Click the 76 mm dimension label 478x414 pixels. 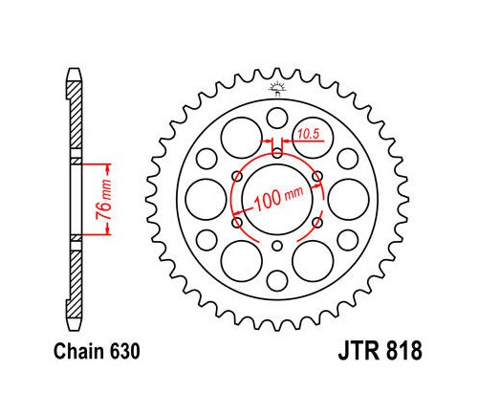click(x=104, y=200)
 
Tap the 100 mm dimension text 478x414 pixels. click(x=278, y=199)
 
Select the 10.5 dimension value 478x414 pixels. click(x=309, y=134)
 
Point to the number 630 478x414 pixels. click(x=124, y=352)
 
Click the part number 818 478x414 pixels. click(x=404, y=351)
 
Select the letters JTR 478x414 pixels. click(x=358, y=351)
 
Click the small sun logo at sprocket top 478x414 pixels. click(x=277, y=88)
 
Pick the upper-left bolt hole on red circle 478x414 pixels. click(x=237, y=176)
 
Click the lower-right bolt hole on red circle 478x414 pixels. click(x=317, y=223)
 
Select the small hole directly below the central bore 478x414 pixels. click(x=277, y=246)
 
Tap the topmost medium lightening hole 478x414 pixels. click(x=277, y=118)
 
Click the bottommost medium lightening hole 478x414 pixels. click(x=277, y=281)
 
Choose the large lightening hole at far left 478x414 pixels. click(x=206, y=200)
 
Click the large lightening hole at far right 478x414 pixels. click(x=349, y=200)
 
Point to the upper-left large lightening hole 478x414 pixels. click(x=242, y=138)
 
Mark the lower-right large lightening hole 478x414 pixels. click(x=313, y=261)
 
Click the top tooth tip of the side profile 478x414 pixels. click(x=76, y=72)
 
